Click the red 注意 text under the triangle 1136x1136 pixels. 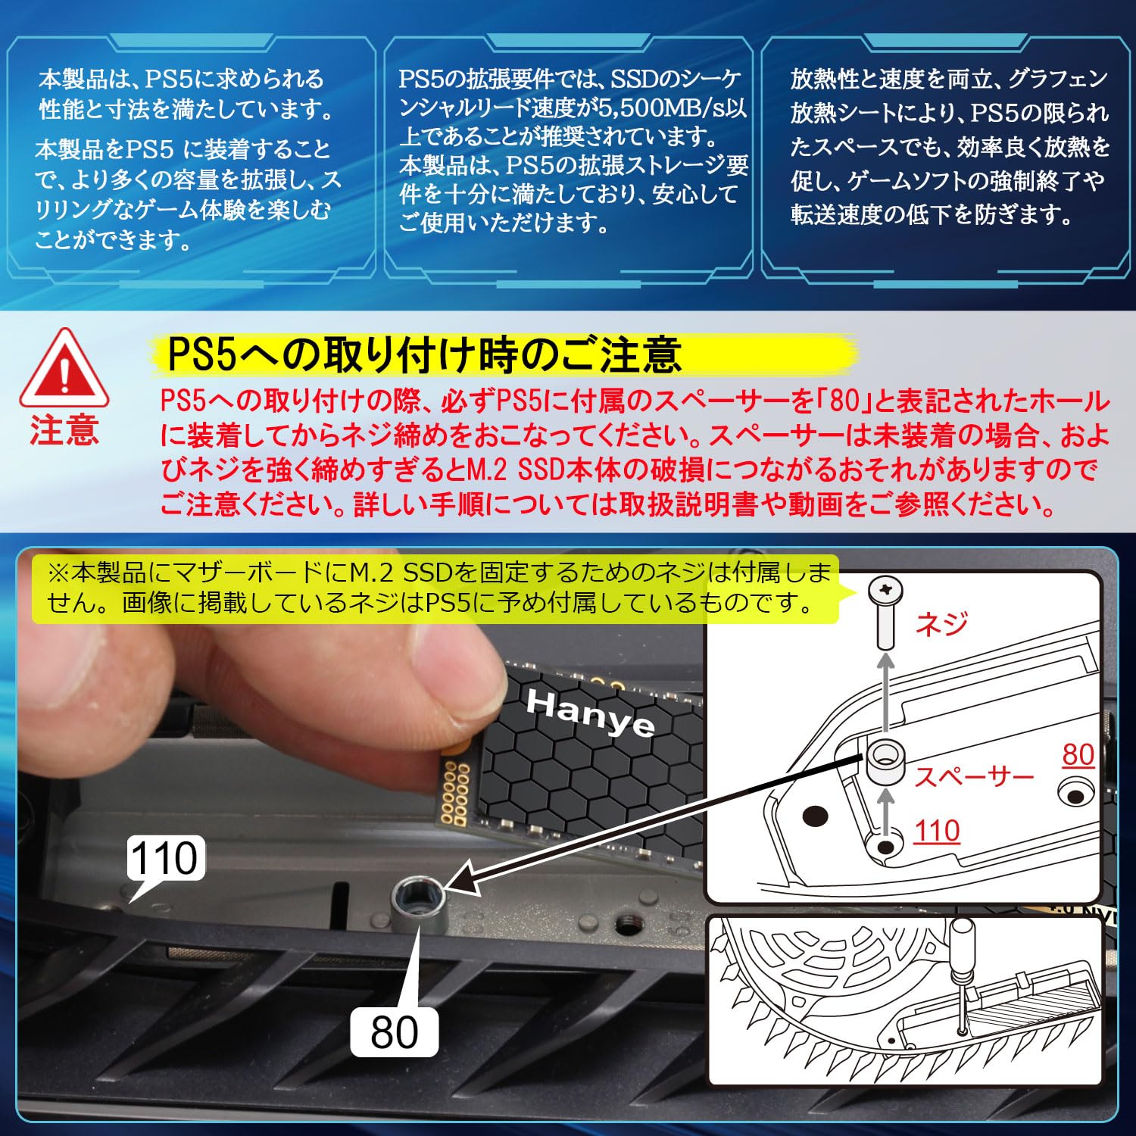pos(64,430)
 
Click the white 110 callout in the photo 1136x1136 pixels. pos(164,858)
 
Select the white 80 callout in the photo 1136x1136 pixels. pos(394,1031)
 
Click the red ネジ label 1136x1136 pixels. pos(941,623)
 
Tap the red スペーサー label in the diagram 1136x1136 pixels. pos(974,776)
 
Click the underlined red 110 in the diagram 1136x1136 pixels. pos(937,832)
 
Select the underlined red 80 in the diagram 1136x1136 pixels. pos(1078,754)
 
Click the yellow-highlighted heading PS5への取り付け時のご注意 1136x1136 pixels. pos(424,354)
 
